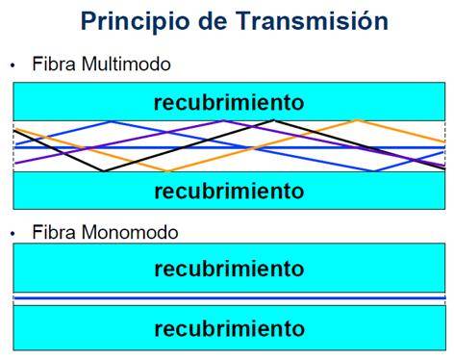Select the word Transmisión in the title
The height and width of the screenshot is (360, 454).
(304, 20)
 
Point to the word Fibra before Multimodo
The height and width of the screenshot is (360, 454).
(52, 64)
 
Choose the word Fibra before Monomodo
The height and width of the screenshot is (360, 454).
(52, 232)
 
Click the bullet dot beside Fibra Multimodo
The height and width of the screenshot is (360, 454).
(13, 65)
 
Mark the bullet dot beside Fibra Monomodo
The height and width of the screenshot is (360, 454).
(13, 233)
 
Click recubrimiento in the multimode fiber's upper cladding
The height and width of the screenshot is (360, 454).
(229, 102)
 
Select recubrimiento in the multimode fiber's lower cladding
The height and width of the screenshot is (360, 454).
(229, 191)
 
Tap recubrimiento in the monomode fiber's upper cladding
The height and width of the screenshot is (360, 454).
(229, 269)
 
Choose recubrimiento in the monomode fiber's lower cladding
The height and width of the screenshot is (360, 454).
(229, 328)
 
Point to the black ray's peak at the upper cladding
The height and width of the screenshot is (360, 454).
(275, 121)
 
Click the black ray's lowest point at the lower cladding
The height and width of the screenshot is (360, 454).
(103, 170)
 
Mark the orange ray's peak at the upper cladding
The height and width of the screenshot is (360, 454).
(357, 121)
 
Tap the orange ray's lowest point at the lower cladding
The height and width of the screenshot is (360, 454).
(169, 170)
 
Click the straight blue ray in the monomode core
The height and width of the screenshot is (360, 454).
(229, 300)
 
